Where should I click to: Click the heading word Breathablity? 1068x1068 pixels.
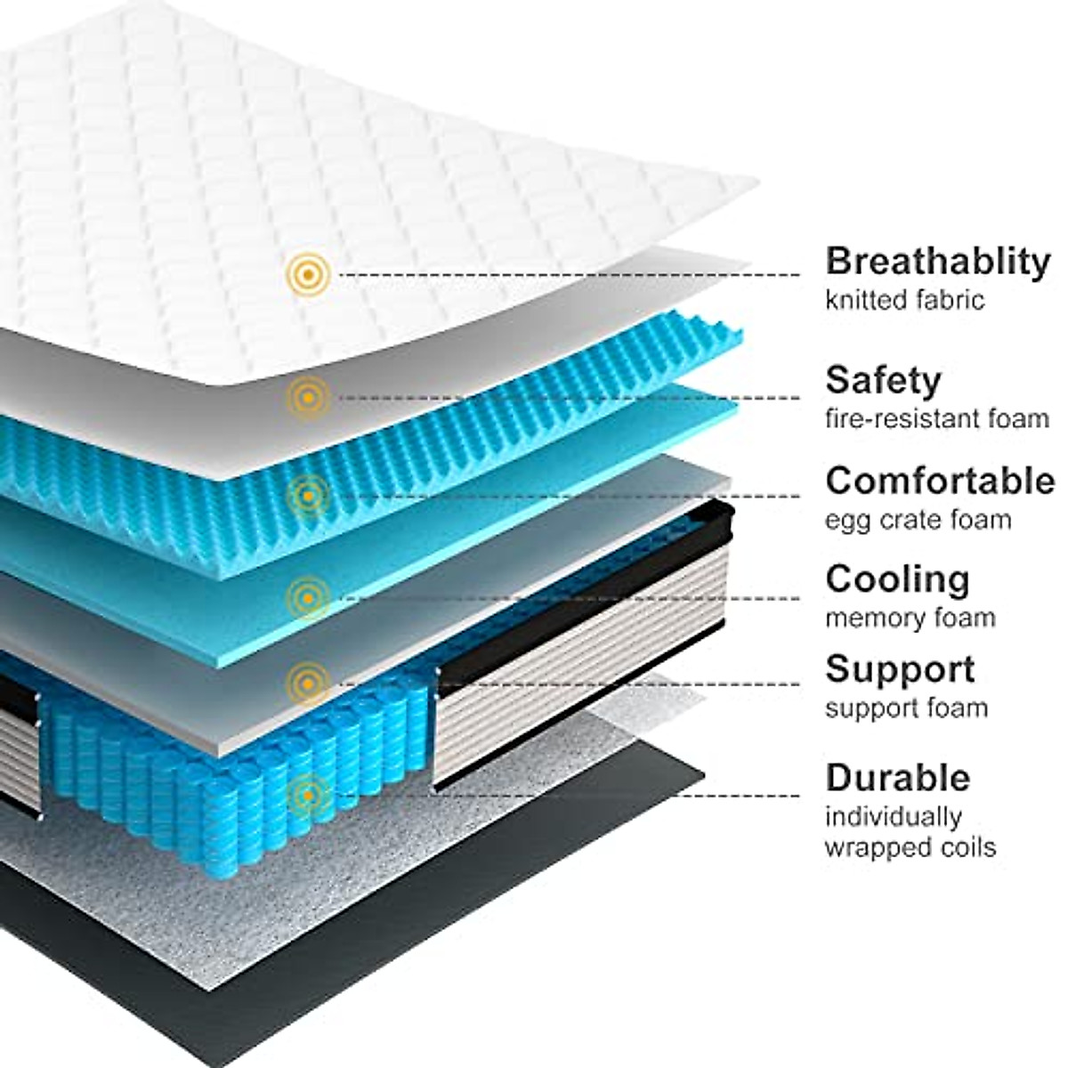point(938,262)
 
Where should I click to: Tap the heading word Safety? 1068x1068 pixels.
point(882,380)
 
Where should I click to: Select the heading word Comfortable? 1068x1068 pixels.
point(940,481)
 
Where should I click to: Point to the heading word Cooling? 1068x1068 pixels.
point(897,579)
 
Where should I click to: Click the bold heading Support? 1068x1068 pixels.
point(900,669)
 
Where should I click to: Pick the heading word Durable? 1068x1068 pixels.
point(897,778)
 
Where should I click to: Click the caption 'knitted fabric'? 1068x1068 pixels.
point(904,300)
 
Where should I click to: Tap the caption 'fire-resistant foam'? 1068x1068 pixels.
point(937,417)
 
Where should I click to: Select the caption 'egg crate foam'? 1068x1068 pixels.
point(918,519)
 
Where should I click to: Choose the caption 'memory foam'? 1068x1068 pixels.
point(910,618)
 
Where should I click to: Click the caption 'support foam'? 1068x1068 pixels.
point(906,708)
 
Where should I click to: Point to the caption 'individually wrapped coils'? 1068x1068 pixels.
point(910,831)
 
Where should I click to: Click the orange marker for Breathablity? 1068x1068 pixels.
point(308,274)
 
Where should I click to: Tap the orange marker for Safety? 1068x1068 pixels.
point(308,397)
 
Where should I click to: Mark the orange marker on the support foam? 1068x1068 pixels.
point(308,684)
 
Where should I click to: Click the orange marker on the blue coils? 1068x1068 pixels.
point(308,795)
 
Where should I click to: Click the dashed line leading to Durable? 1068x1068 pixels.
point(561,795)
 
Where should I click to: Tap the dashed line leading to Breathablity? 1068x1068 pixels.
point(570,274)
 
